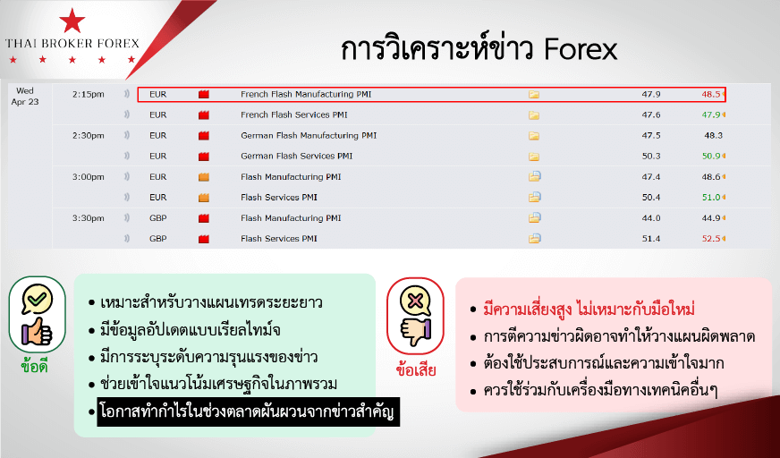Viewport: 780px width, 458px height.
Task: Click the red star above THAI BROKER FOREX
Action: click(72, 21)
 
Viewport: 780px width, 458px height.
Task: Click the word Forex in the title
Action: click(581, 50)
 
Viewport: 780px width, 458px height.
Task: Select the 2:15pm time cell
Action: click(88, 95)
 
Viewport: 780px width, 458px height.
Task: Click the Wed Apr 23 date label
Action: click(25, 96)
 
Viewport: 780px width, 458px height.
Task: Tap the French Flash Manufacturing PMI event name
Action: click(306, 94)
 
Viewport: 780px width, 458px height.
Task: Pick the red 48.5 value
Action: click(711, 94)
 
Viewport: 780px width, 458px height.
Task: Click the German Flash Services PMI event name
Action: click(296, 157)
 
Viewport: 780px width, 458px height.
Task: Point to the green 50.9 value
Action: click(711, 157)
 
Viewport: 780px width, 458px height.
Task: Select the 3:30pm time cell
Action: click(88, 218)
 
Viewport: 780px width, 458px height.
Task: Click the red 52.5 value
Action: click(711, 239)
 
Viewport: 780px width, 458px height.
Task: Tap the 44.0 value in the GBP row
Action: click(651, 218)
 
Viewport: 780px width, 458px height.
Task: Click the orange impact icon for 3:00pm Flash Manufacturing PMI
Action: click(203, 177)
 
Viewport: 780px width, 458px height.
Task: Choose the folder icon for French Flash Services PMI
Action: click(534, 115)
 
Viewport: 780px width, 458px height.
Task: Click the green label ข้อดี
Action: click(34, 367)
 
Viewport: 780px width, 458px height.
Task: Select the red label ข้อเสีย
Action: click(416, 369)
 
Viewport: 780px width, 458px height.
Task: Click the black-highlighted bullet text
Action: click(249, 411)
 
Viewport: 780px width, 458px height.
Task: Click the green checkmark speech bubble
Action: click(38, 299)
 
